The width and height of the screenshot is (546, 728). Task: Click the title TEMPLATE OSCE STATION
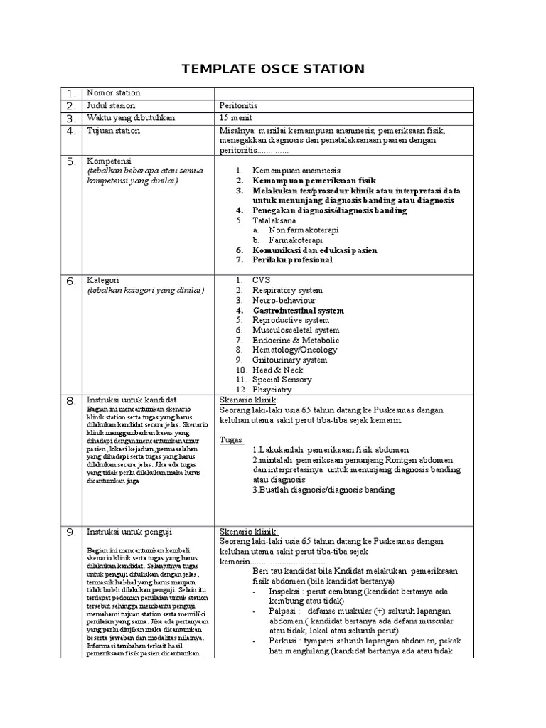click(x=273, y=69)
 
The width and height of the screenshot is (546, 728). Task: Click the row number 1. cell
click(x=70, y=94)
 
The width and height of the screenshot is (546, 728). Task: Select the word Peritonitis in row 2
click(x=240, y=105)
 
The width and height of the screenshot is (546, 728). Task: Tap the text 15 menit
click(x=235, y=118)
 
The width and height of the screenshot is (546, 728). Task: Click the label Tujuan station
click(x=113, y=131)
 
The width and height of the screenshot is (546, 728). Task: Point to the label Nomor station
click(x=113, y=93)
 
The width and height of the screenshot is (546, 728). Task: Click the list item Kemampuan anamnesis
click(x=296, y=171)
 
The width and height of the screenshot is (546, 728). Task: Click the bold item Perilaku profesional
click(x=292, y=260)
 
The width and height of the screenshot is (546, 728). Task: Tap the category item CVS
click(x=262, y=280)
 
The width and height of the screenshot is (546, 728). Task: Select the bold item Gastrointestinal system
click(x=298, y=311)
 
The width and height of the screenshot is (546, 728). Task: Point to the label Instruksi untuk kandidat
click(x=132, y=400)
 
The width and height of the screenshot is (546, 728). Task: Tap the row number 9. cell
click(x=70, y=532)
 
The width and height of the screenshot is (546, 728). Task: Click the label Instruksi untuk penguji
click(x=129, y=532)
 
